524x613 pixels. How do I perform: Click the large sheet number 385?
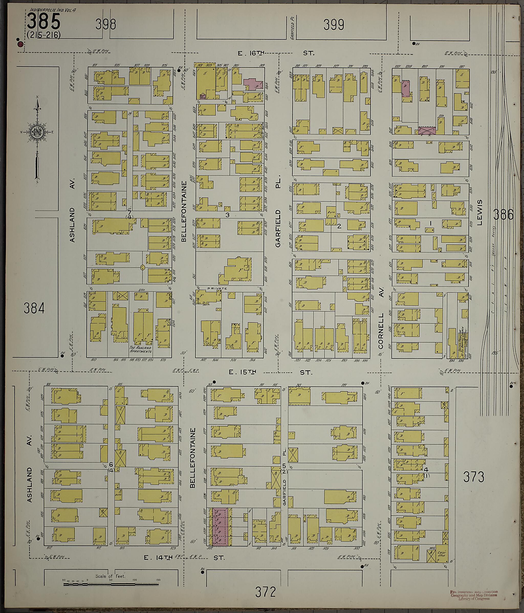click(44, 21)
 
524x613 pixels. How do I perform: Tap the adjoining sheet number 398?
click(105, 25)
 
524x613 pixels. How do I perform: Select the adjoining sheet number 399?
click(333, 25)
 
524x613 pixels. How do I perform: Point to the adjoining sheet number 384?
click(34, 308)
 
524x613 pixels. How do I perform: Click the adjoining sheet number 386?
click(503, 214)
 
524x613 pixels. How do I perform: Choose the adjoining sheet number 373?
click(474, 477)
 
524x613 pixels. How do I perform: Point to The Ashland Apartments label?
click(140, 349)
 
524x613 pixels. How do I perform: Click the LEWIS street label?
click(480, 212)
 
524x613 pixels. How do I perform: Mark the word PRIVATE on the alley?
click(217, 288)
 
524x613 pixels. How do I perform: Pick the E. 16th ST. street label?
click(276, 53)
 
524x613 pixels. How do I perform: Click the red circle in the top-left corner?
click(20, 44)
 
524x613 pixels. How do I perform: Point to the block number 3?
click(227, 215)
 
